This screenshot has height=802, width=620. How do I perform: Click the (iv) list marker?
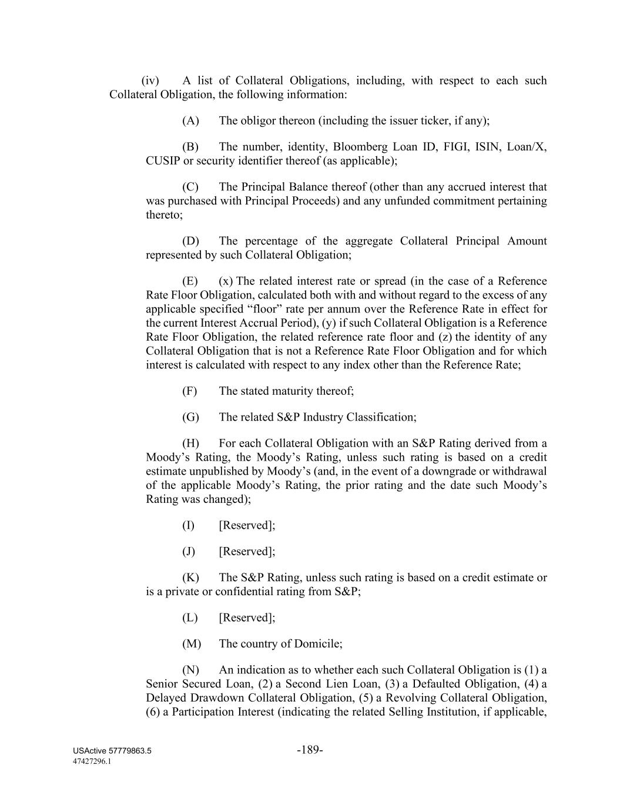[x=150, y=80]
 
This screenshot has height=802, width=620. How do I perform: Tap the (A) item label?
[x=190, y=120]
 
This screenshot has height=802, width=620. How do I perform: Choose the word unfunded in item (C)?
[x=423, y=201]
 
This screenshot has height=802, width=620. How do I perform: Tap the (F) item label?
[x=189, y=391]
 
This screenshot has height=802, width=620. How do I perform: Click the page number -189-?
[x=310, y=750]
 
